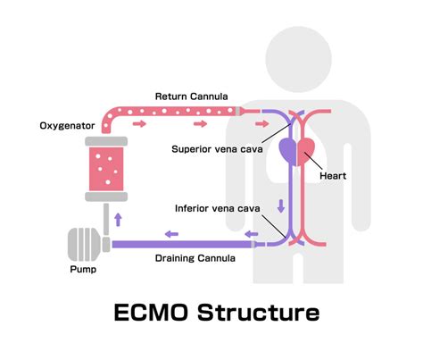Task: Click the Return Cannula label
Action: click(x=190, y=96)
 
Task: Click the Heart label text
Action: click(x=332, y=176)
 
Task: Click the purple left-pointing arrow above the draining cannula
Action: click(x=170, y=234)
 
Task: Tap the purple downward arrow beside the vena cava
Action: click(x=283, y=205)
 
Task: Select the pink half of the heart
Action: click(x=307, y=149)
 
